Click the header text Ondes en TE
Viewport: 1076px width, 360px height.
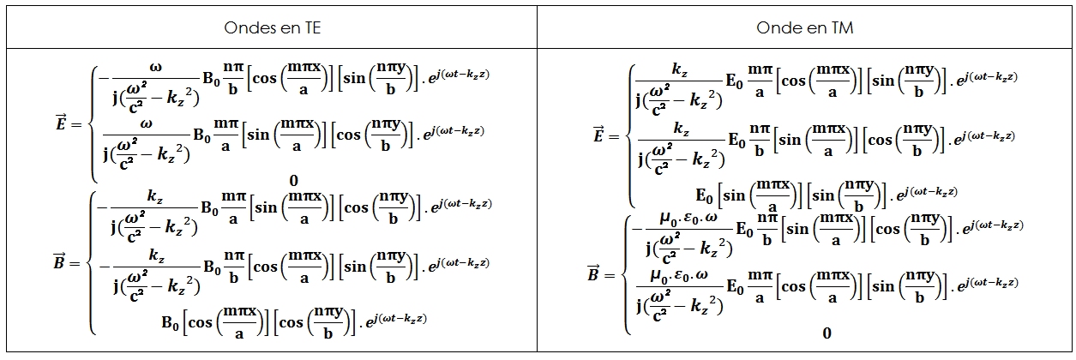pos(273,28)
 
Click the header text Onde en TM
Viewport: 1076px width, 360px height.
pos(804,28)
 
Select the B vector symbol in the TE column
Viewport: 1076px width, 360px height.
pos(57,263)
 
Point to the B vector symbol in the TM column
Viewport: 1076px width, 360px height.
pos(592,273)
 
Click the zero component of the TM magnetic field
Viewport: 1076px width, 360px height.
pos(827,333)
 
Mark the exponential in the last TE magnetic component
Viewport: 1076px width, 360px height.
pos(395,320)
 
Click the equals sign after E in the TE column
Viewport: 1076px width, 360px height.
pos(75,125)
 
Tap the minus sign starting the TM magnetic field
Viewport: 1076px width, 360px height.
pos(635,229)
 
